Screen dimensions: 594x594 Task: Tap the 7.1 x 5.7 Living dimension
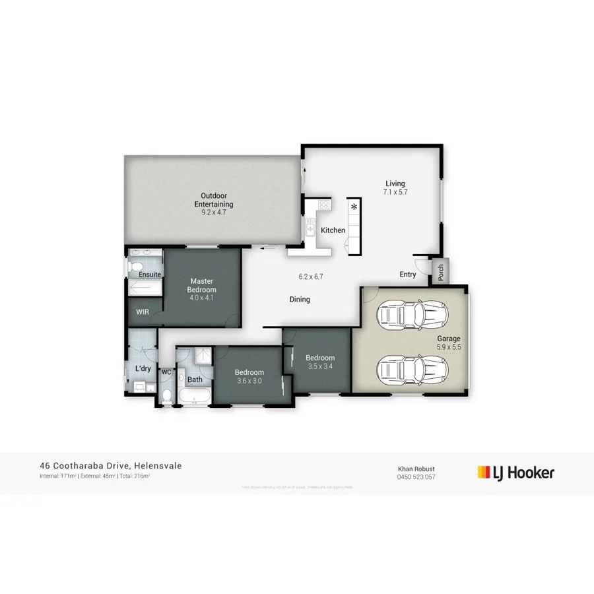[x=395, y=193]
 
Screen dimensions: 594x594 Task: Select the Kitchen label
[x=333, y=230]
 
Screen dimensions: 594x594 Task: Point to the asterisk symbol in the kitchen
[x=354, y=208]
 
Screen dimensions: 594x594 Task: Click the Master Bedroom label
[x=201, y=285]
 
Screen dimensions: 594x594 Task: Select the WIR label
[x=142, y=312]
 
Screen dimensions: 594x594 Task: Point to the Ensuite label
[x=150, y=274]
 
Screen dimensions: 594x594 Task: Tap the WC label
[x=166, y=372]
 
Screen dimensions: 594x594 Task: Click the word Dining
[x=300, y=300]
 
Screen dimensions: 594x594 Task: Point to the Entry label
[x=408, y=275]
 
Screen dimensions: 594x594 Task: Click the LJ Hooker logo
[x=515, y=472]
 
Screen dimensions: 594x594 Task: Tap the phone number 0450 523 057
[x=416, y=477]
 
